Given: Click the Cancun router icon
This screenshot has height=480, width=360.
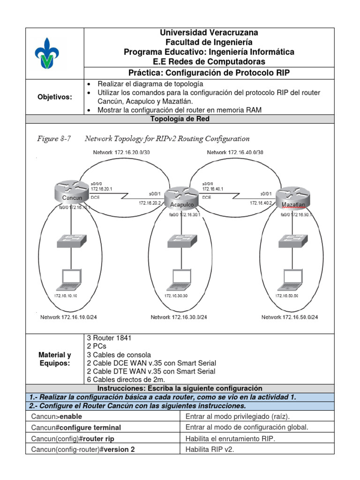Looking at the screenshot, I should (x=72, y=192).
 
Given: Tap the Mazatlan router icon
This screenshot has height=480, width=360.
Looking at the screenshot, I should (x=293, y=198).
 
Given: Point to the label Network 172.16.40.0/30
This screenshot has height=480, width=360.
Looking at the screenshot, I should (x=234, y=152).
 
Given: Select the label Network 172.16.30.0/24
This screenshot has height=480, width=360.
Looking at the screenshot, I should (x=179, y=317).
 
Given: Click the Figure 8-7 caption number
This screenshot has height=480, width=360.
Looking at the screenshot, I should (x=53, y=138).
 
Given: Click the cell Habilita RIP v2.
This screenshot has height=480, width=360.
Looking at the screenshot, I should (x=209, y=449).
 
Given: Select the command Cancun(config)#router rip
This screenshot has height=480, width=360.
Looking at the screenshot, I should (x=73, y=438).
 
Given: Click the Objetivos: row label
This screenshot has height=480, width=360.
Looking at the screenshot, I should (x=55, y=97).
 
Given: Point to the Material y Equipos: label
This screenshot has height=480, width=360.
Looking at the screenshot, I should (x=55, y=359).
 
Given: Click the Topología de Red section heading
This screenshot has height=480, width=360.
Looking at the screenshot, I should (x=180, y=119).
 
